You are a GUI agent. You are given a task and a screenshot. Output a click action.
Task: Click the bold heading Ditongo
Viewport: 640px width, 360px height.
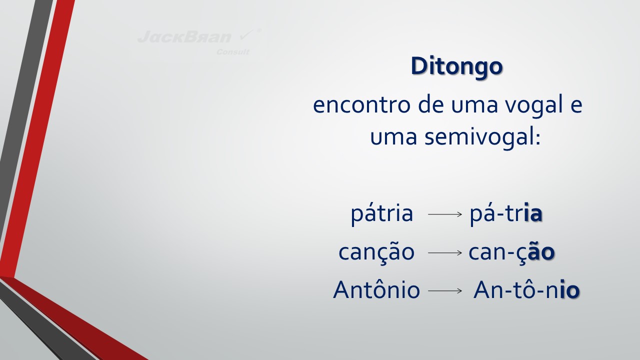point(456,66)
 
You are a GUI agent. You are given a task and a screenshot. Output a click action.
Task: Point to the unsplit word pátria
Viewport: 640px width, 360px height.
point(381,213)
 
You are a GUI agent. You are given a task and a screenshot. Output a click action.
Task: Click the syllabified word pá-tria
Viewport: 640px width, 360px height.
point(506,213)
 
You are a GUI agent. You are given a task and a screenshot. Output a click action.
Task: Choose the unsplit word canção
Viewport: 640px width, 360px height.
point(376,252)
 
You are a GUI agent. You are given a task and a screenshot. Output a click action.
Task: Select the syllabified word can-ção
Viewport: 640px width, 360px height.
point(511,252)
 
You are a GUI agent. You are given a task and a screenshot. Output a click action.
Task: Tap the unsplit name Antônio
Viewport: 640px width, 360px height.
point(376,289)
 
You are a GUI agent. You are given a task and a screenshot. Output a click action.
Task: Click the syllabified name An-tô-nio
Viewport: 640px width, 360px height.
point(526,289)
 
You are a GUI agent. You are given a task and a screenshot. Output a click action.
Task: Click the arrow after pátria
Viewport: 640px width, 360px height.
point(445,214)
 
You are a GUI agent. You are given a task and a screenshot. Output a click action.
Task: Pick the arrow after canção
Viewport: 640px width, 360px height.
point(445,252)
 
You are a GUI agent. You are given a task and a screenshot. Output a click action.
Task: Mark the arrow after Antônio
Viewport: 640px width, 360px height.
point(445,290)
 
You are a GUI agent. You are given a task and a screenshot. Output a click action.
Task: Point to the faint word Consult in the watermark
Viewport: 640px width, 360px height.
point(232,52)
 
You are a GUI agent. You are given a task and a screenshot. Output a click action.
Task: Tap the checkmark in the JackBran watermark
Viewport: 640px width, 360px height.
point(246,35)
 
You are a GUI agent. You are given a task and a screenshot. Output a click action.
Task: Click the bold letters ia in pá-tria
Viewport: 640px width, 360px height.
point(533,213)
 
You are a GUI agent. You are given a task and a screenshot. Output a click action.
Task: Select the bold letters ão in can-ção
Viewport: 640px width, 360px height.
point(541,251)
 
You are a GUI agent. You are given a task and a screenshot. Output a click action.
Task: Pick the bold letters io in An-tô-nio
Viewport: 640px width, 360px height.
point(569,289)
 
